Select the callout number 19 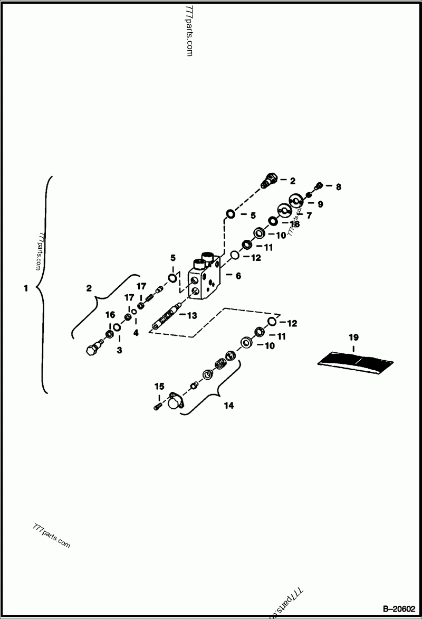[353, 336]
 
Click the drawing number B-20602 [399, 608]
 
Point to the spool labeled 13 [166, 320]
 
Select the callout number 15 [159, 387]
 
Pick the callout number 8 [338, 186]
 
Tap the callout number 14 [228, 406]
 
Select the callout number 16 [110, 315]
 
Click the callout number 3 [119, 350]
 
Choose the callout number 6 [238, 276]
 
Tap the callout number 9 [320, 203]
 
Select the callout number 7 [309, 215]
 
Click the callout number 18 [294, 224]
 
